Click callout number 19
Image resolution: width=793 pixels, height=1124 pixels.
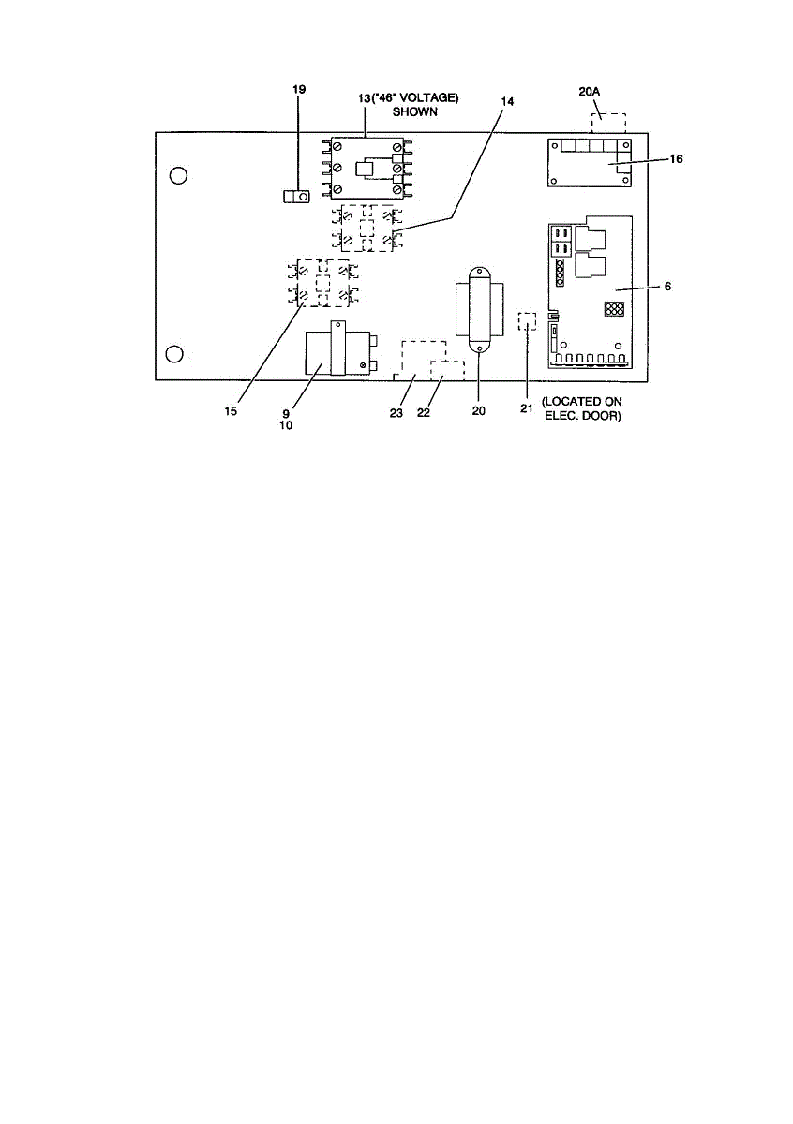pos(299,89)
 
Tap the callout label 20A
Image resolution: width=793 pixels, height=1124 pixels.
pos(589,92)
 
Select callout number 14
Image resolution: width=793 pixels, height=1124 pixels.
pos(507,102)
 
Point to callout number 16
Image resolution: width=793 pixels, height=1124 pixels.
pos(676,159)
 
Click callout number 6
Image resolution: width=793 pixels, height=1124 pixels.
pos(667,287)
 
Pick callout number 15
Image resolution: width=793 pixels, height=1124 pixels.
pos(231,411)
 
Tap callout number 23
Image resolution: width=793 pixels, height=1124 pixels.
pos(396,413)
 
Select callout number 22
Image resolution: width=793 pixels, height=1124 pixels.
pos(424,413)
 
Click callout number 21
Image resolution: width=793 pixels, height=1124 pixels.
pos(526,409)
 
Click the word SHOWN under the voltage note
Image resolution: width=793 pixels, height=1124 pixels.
pos(415,111)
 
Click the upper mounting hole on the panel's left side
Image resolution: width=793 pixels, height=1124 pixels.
pos(178,176)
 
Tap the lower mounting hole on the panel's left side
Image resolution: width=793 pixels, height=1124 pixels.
pos(174,354)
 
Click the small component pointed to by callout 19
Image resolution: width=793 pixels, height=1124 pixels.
pos(297,197)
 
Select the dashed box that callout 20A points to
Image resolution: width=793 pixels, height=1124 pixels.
pos(608,124)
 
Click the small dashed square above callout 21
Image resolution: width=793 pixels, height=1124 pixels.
pos(527,321)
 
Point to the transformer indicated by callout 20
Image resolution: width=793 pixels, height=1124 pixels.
pos(479,311)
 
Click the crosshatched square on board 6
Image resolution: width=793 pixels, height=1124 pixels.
pos(614,309)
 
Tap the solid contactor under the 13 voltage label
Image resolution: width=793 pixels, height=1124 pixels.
pos(367,169)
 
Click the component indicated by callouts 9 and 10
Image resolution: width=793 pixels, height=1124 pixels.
pos(341,348)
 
